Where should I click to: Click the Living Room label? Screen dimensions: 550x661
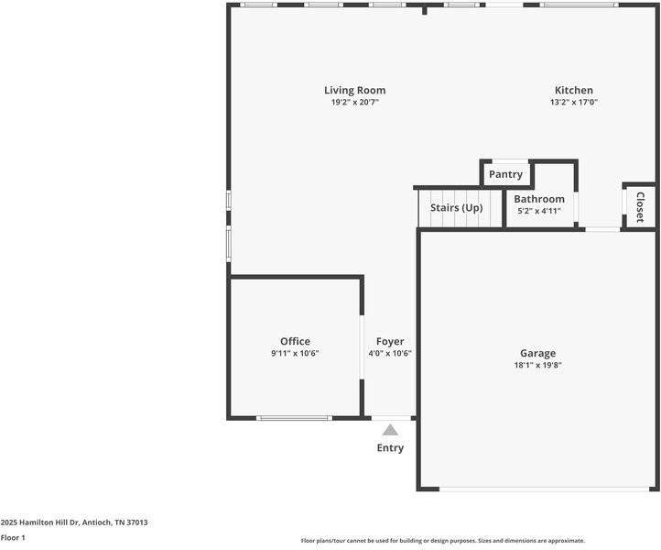tap(354, 90)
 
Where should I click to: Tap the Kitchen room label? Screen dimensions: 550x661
tap(573, 90)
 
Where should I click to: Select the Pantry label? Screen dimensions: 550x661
tap(505, 174)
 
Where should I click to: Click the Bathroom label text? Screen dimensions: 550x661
tap(539, 199)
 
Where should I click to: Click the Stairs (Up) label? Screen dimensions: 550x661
tap(456, 207)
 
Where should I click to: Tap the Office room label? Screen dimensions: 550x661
tap(295, 341)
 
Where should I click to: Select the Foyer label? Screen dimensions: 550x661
tap(390, 341)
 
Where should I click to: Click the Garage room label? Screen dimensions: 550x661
tap(537, 353)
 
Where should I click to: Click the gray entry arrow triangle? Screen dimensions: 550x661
tap(390, 429)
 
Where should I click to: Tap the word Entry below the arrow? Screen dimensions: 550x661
tap(390, 448)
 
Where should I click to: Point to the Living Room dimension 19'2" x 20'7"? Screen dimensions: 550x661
tap(354, 103)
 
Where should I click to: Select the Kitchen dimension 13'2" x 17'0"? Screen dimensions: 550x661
tap(573, 103)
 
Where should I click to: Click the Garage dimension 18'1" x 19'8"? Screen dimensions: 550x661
tap(537, 365)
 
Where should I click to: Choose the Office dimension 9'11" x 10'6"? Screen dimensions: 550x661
tap(295, 353)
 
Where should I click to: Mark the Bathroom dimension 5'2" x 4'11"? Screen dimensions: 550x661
tap(539, 211)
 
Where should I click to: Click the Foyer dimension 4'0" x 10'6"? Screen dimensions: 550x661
tap(390, 353)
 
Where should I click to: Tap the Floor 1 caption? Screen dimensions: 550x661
tap(13, 538)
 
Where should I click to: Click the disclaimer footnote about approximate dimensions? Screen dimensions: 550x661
tap(442, 541)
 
